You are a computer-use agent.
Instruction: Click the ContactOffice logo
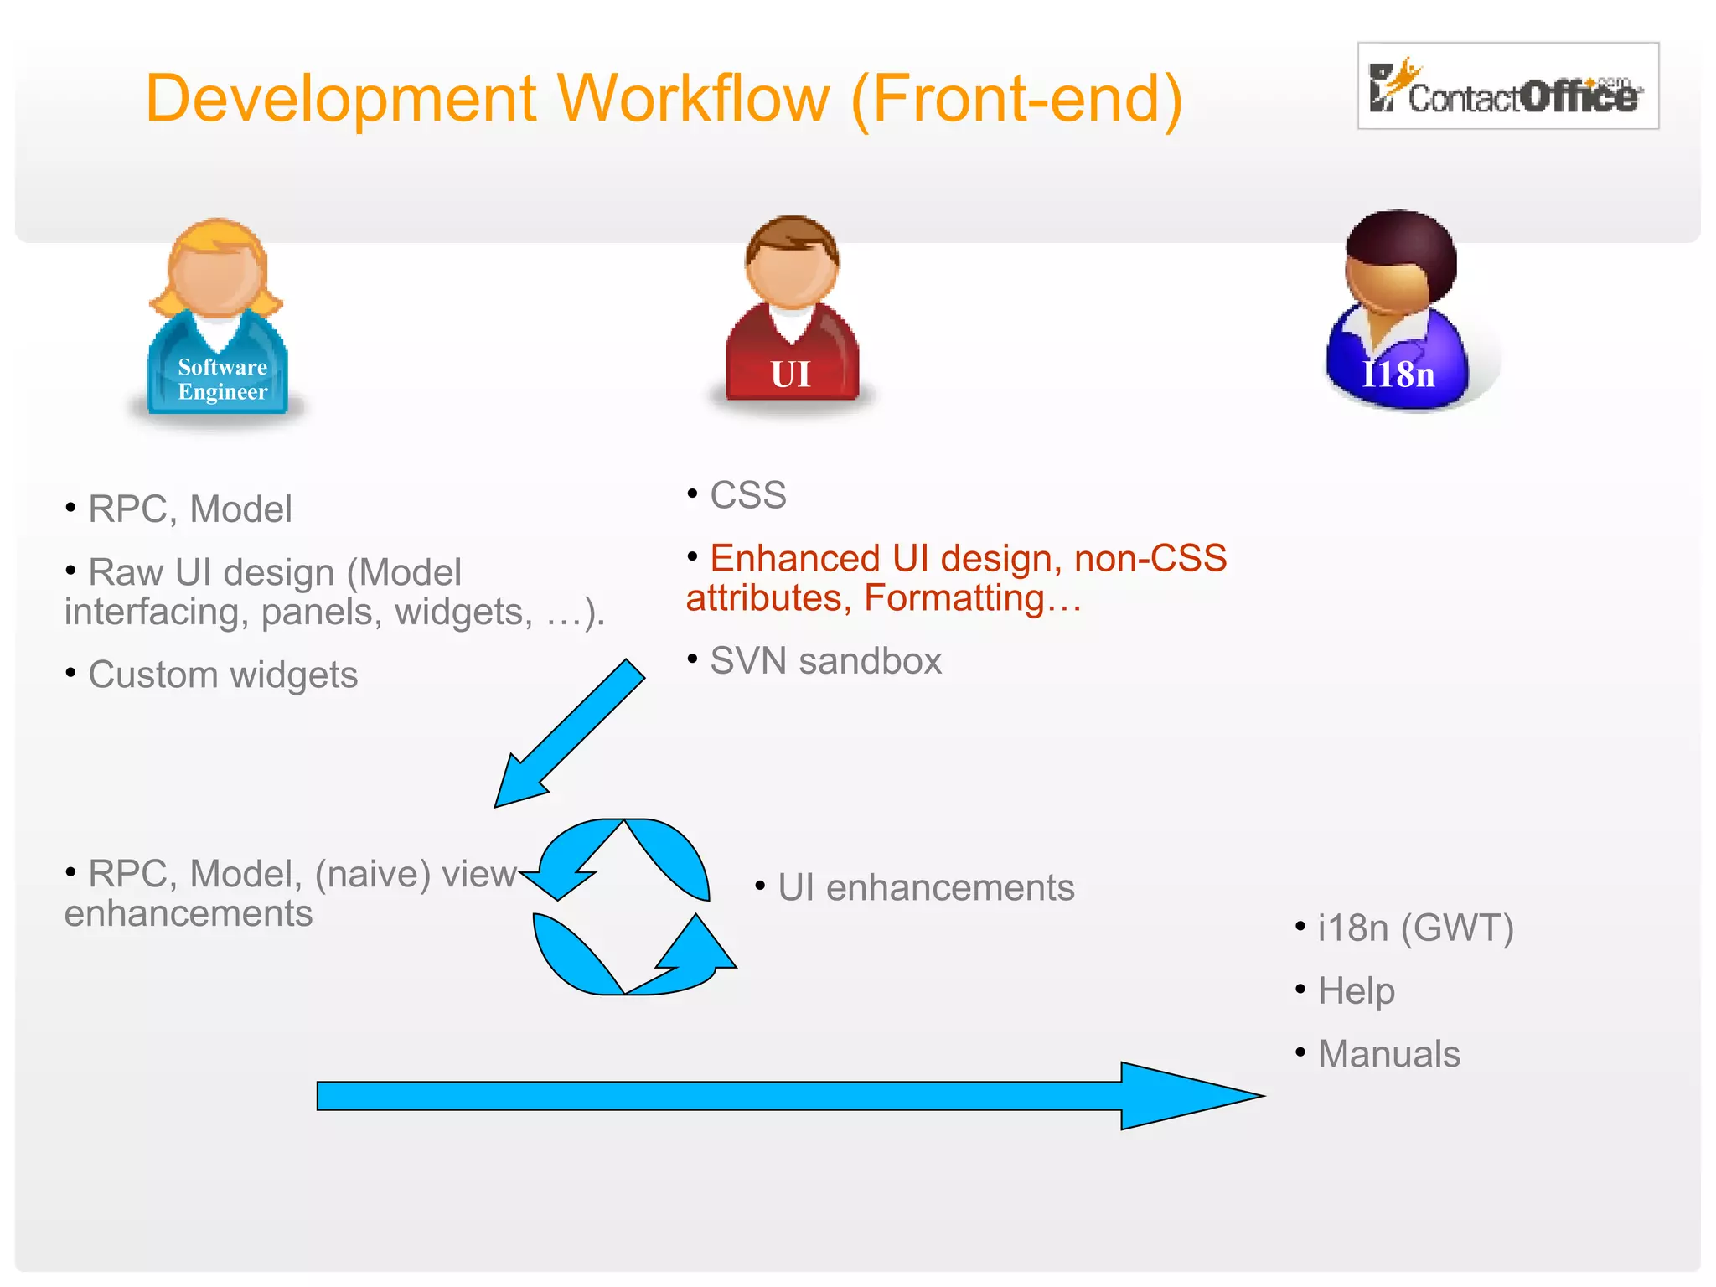coord(1507,86)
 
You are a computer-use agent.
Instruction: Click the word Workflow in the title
coord(693,99)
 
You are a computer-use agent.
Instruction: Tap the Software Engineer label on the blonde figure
coord(222,380)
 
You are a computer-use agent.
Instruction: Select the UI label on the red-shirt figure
coord(791,375)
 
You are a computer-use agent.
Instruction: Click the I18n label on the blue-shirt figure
coord(1398,375)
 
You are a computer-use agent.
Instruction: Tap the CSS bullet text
coord(747,495)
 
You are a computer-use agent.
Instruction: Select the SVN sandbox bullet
coord(825,661)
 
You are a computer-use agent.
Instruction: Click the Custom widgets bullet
coord(223,675)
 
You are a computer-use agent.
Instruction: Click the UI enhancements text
coord(925,888)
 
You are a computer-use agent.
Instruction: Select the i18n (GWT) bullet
coord(1415,928)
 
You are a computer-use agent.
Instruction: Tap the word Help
coord(1356,992)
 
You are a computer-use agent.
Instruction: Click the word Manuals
coord(1388,1055)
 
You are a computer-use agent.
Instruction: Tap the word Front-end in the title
coord(1016,99)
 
